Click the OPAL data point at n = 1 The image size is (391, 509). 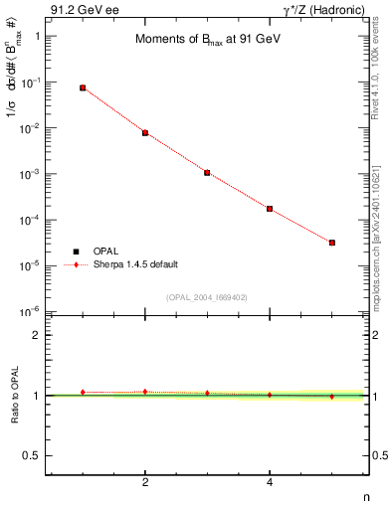pos(83,87)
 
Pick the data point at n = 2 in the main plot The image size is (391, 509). pos(145,132)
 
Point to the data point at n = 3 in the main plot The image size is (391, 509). pos(207,172)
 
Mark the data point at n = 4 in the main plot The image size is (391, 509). pos(270,209)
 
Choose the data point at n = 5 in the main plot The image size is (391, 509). pos(332,243)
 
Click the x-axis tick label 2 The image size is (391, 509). pos(145,483)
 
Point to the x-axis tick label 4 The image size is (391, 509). pos(270,483)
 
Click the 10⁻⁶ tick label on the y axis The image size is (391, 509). pos(31,311)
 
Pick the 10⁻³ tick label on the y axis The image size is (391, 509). pos(31,173)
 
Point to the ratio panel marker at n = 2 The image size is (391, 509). pos(145,392)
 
